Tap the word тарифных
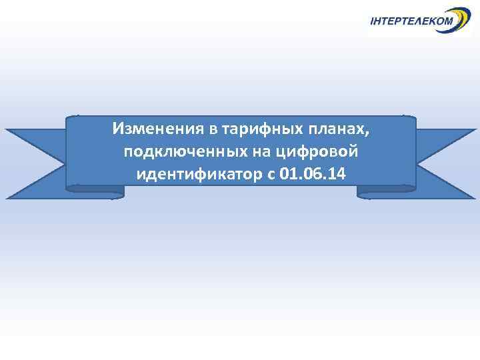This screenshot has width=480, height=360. [x=244, y=128]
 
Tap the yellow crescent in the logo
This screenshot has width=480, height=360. [x=460, y=17]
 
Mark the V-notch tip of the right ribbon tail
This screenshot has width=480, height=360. [x=440, y=163]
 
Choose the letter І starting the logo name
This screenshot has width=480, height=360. [x=372, y=22]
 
